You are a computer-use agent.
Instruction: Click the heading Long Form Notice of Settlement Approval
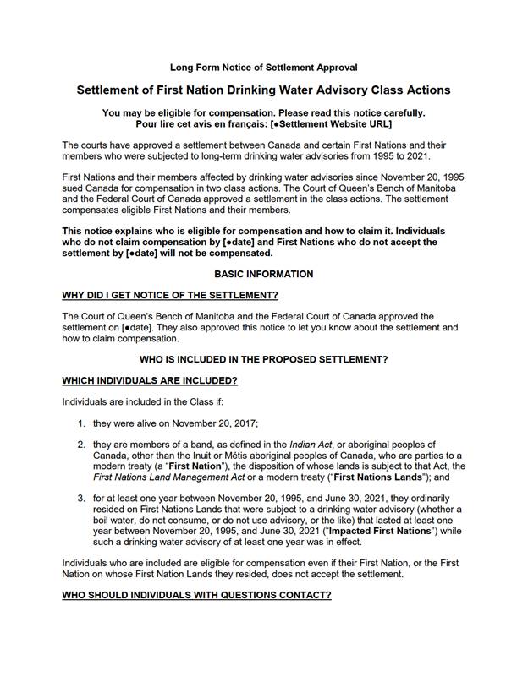point(263,67)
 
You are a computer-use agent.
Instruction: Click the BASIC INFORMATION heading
point(263,274)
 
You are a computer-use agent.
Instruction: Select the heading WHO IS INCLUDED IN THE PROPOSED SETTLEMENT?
point(263,359)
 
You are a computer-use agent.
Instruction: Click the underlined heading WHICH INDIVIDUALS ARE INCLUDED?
point(150,380)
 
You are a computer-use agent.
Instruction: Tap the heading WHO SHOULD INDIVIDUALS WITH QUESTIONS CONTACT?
point(196,595)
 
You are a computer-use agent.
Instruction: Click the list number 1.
point(81,423)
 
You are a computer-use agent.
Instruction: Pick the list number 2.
point(81,445)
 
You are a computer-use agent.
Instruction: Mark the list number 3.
point(81,499)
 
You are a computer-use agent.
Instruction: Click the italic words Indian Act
point(312,445)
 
